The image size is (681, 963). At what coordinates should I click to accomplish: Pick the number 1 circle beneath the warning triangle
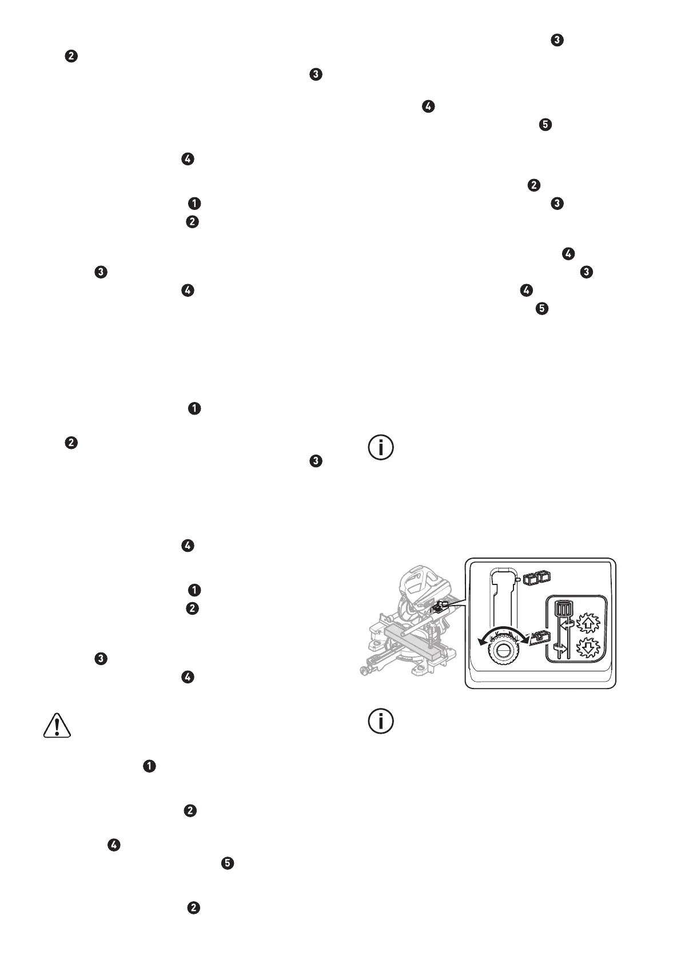tap(149, 766)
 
